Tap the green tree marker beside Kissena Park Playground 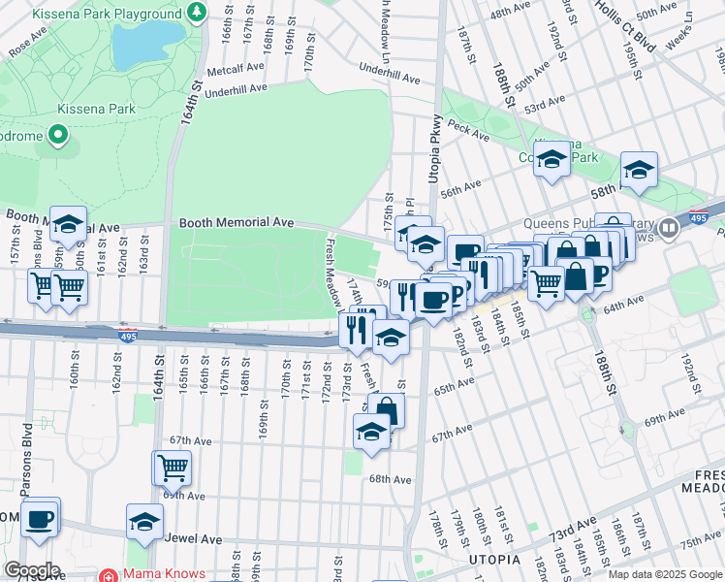197,13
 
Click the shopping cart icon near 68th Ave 173,468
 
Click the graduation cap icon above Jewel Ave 145,522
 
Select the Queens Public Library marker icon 669,229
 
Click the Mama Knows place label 163,573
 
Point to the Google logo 32,570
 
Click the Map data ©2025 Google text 664,574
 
